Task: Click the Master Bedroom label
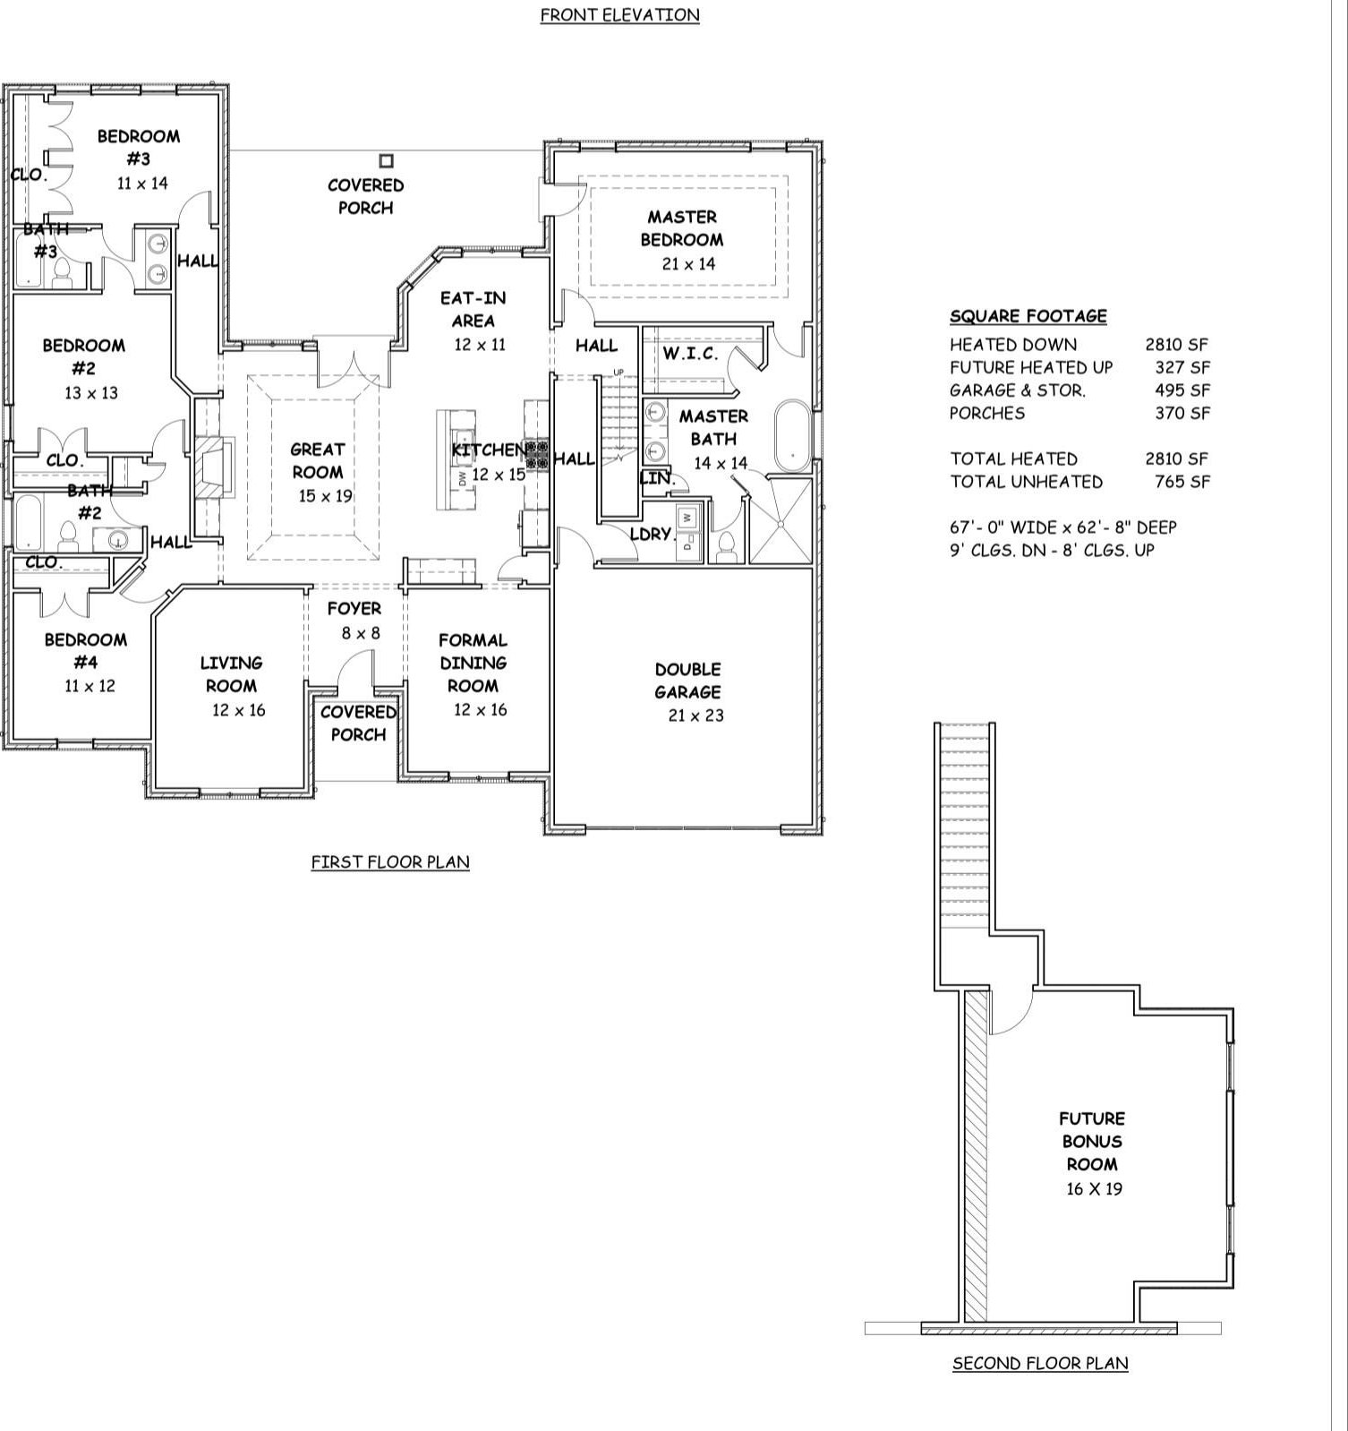tap(682, 228)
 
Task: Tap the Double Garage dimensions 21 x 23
tap(695, 715)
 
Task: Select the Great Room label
tap(318, 460)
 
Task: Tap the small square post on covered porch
tap(386, 161)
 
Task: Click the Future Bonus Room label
tap(1092, 1141)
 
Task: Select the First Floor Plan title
tap(390, 861)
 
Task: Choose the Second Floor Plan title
tap(1040, 1363)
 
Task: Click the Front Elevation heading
tap(619, 15)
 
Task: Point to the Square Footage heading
tap(1028, 316)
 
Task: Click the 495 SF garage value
tap(1182, 390)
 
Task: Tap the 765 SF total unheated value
tap(1182, 482)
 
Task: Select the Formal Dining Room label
tap(473, 663)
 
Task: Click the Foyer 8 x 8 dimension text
tap(360, 633)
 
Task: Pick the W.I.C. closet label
tap(690, 354)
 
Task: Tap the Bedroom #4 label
tap(86, 651)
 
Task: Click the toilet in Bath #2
tap(67, 536)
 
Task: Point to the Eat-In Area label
tap(473, 309)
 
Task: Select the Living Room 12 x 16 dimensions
tap(238, 710)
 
